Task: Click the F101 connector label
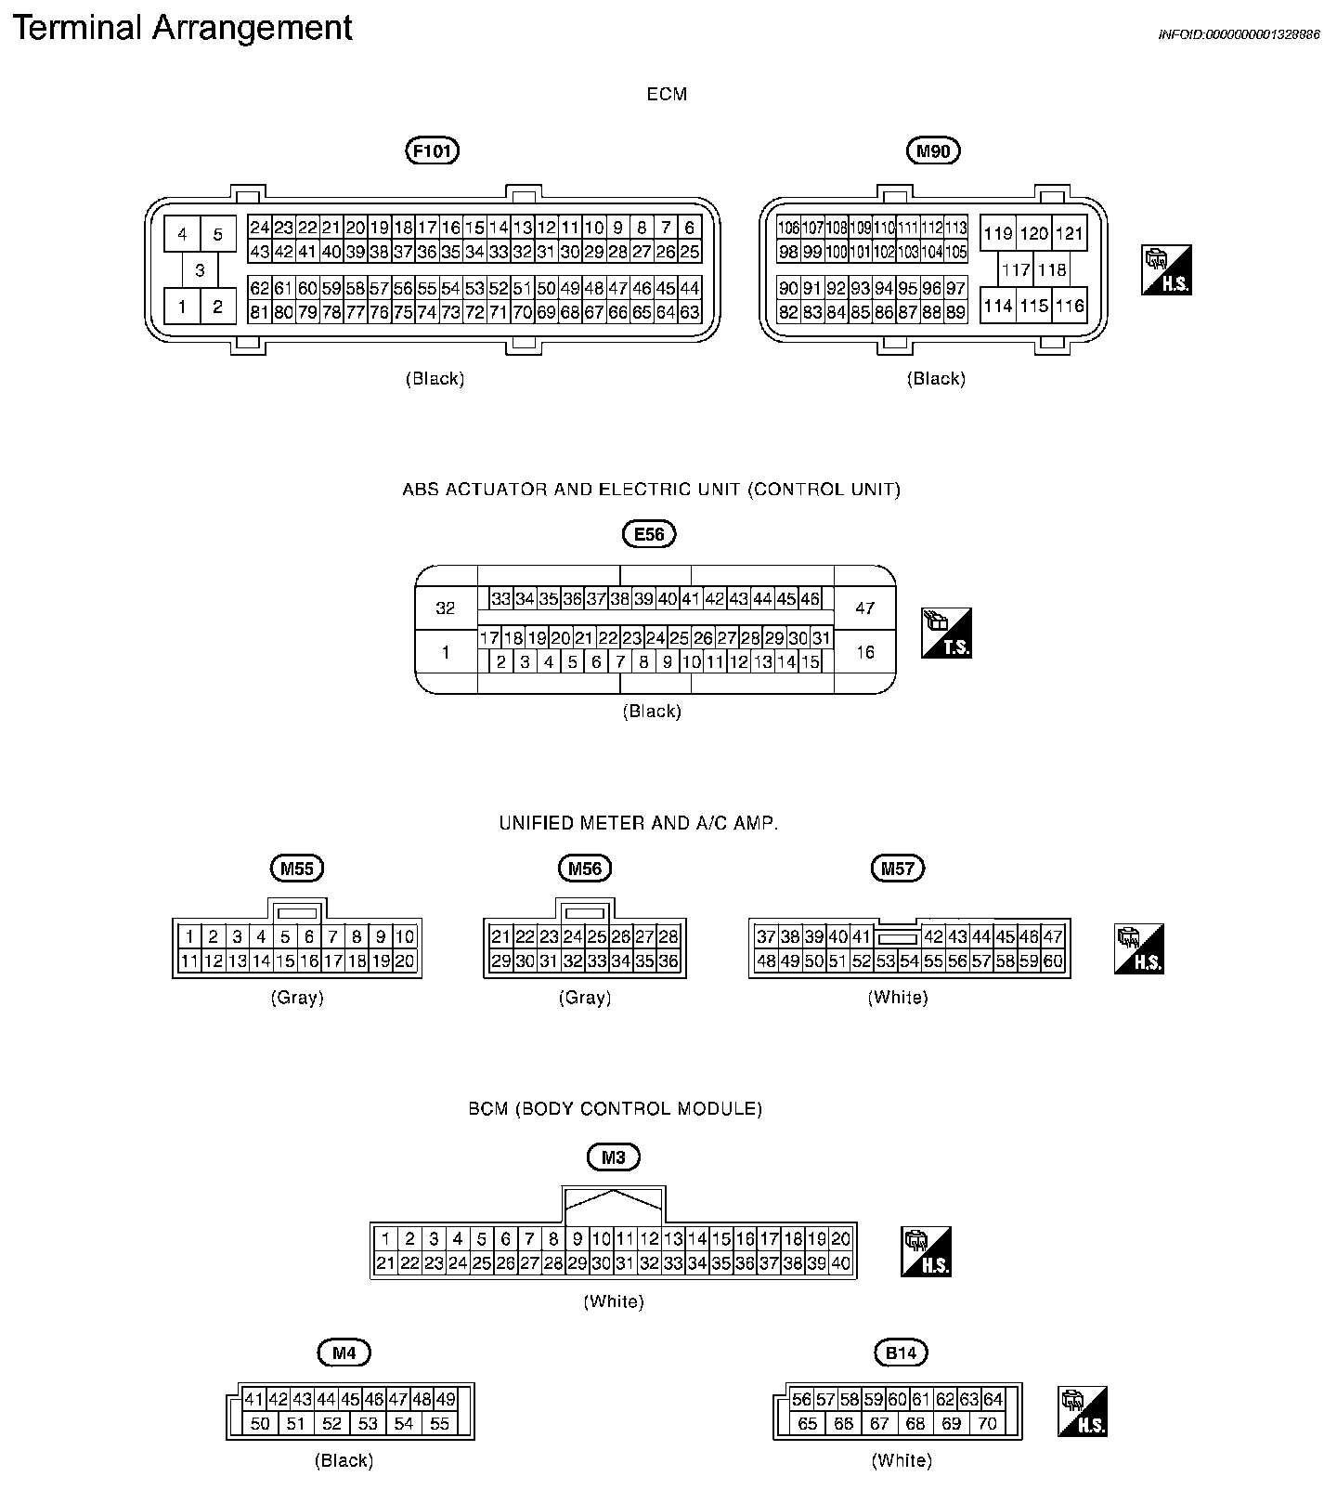(x=434, y=150)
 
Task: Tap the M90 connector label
(x=933, y=150)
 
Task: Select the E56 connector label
(x=649, y=534)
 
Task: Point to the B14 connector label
(x=901, y=1353)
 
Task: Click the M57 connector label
(x=898, y=869)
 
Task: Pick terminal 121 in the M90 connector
(x=1070, y=233)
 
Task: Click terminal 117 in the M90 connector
(x=1017, y=270)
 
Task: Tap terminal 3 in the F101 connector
(x=200, y=271)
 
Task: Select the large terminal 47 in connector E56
(x=865, y=608)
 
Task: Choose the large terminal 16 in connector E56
(x=865, y=652)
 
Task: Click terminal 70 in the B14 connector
(x=987, y=1423)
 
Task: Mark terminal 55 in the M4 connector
(x=439, y=1423)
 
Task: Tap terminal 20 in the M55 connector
(x=405, y=961)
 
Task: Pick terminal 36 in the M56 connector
(x=668, y=961)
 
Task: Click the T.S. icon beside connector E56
(x=946, y=634)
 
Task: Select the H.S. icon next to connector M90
(x=1166, y=270)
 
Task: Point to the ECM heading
(x=667, y=94)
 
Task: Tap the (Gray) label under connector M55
(x=297, y=998)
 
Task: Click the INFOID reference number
(x=1239, y=34)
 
